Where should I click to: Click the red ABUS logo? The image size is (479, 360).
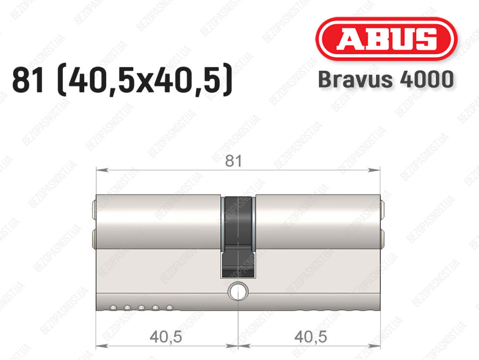tap(386, 39)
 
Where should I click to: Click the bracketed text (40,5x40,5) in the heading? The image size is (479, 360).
tap(145, 80)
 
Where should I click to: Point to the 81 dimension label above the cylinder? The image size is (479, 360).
tap(233, 161)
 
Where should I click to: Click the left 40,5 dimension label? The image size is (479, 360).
tap(166, 337)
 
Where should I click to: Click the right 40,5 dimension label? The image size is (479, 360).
tap(311, 337)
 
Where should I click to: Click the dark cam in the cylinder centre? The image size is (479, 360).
tap(238, 237)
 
